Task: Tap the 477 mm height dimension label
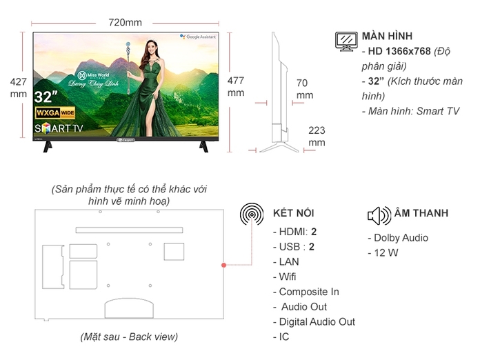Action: (x=236, y=86)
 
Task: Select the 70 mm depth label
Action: (x=304, y=89)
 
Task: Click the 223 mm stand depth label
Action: (x=317, y=136)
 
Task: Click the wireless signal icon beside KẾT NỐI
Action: (x=252, y=214)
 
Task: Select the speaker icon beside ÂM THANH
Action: (x=379, y=215)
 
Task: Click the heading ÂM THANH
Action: (x=421, y=214)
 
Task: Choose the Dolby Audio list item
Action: (x=401, y=238)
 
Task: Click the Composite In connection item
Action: (x=309, y=292)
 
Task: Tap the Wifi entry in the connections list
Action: (x=288, y=277)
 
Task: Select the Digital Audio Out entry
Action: (x=317, y=321)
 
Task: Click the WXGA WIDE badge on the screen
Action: (x=55, y=112)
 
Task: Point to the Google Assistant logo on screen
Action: (x=200, y=36)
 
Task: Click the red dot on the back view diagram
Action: (x=223, y=265)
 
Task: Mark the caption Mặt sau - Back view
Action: (x=129, y=337)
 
